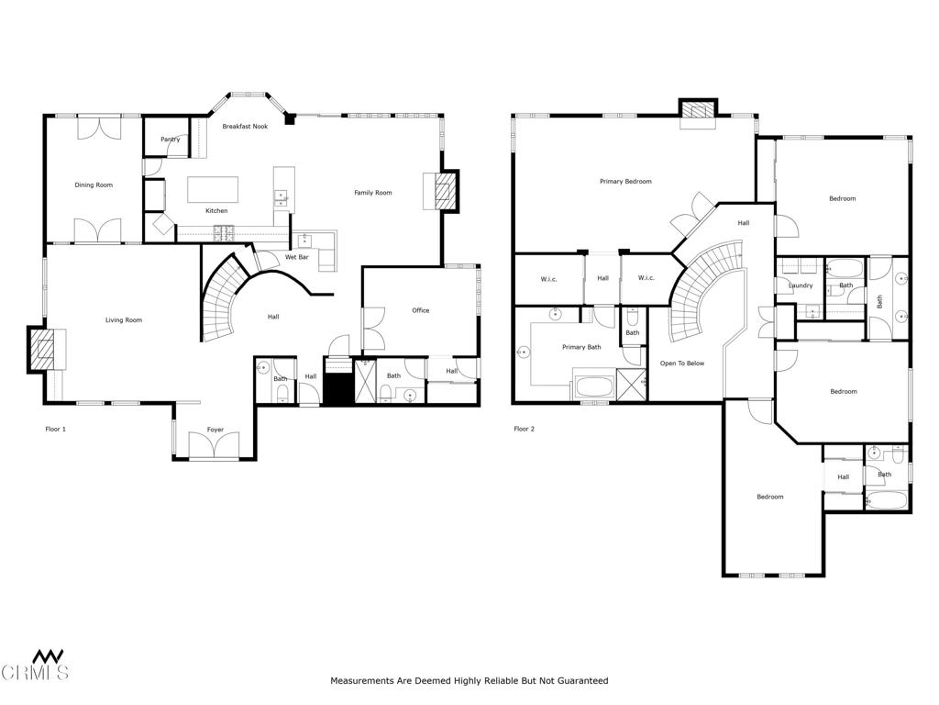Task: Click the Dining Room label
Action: (94, 185)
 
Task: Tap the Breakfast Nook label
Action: (245, 127)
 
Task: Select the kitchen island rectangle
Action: (213, 190)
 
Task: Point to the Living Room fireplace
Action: (43, 350)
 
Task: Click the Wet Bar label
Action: (296, 257)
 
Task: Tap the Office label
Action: (420, 310)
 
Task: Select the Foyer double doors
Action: (215, 445)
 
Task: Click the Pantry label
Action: (170, 140)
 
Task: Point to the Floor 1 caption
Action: (56, 430)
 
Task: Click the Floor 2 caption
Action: (524, 430)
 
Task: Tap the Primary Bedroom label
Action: (625, 182)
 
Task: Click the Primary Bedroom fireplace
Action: (698, 113)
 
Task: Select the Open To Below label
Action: (682, 364)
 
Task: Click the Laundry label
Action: (801, 286)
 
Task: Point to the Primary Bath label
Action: (581, 347)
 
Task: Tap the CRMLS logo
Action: (35, 666)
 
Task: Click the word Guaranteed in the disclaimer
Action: (582, 681)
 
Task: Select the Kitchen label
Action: (216, 211)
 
